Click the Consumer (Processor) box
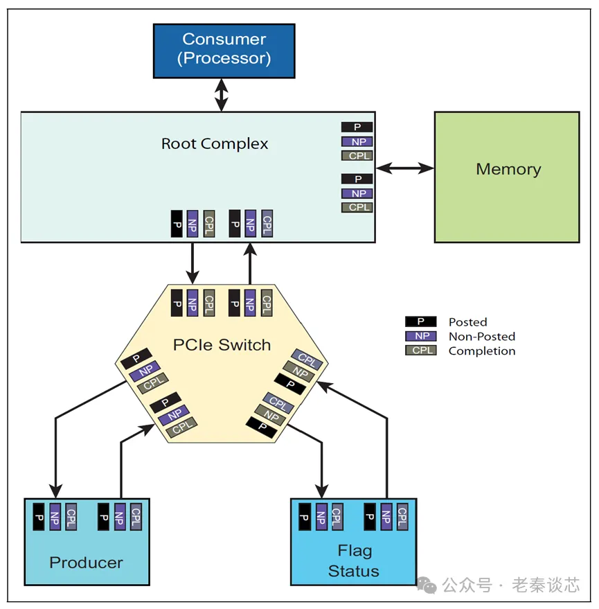[x=224, y=49]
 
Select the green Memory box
[x=507, y=177]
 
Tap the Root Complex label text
[x=215, y=144]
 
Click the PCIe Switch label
[x=222, y=344]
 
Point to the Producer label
[x=86, y=563]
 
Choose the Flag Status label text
[x=354, y=561]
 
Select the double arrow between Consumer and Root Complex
[x=221, y=94]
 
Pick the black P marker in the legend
[x=420, y=321]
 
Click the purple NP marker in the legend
[x=420, y=336]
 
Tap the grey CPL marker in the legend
[x=420, y=351]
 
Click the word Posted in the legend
[x=467, y=322]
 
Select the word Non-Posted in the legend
[x=481, y=337]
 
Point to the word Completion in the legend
[x=481, y=351]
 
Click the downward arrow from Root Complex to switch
[x=193, y=263]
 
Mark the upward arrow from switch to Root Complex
[x=250, y=263]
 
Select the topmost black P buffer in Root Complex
[x=357, y=127]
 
